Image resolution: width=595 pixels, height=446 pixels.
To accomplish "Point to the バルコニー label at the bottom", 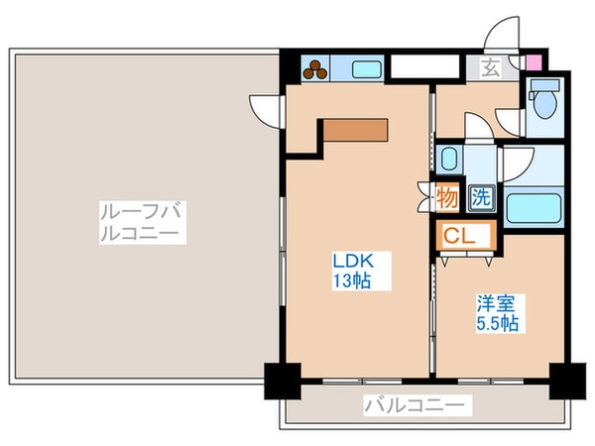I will [x=414, y=405].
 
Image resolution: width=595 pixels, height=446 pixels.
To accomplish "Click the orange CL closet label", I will [x=457, y=236].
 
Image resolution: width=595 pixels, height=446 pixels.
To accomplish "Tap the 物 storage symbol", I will [x=447, y=197].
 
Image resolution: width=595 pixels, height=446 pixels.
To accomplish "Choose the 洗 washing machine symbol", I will [x=480, y=197].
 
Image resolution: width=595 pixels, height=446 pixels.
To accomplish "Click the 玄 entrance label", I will [x=491, y=68].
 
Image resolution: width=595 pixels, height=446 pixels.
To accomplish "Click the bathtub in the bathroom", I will [x=535, y=209].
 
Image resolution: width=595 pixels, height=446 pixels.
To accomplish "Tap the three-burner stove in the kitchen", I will [x=316, y=68].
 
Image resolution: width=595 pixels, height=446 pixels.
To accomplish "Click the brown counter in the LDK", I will [x=353, y=130].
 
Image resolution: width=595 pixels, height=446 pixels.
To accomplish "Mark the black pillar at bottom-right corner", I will [x=566, y=380].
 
